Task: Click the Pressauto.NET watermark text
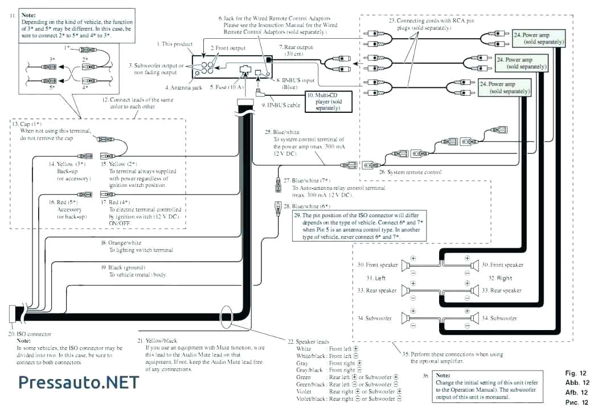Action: coord(79,381)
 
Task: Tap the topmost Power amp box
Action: coord(538,38)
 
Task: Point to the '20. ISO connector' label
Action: coord(30,333)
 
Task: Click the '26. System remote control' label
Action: coord(410,172)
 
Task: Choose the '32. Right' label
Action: coord(500,278)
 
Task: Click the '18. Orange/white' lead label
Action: coord(121,242)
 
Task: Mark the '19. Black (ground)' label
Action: coord(123,267)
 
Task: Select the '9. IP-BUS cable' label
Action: coord(280,105)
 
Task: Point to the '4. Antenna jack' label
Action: coord(184,88)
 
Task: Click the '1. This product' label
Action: coord(175,44)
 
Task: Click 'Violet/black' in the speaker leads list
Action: coord(310,399)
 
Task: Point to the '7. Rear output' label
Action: coord(296,46)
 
